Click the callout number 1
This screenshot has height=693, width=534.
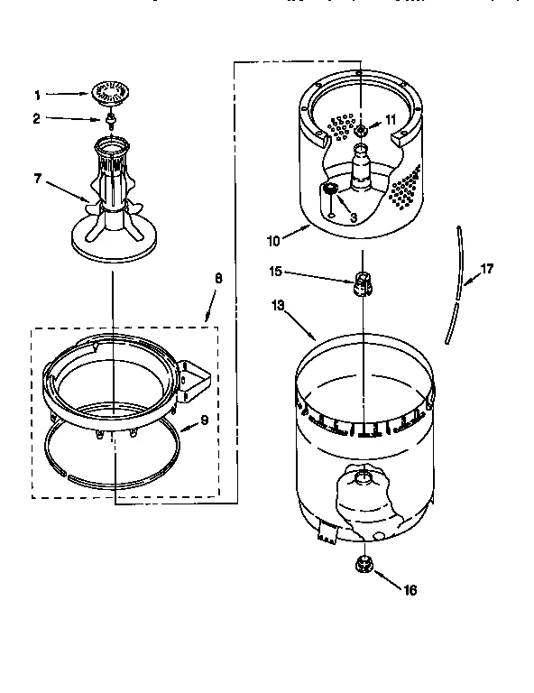38,94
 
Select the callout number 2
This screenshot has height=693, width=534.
38,118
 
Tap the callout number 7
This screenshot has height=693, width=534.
38,179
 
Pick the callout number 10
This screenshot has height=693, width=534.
273,240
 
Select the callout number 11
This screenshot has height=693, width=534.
391,119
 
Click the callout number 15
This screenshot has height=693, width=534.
275,271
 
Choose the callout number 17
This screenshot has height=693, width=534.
486,268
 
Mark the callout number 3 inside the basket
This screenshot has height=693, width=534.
354,217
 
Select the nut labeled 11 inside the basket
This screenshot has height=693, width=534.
361,132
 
